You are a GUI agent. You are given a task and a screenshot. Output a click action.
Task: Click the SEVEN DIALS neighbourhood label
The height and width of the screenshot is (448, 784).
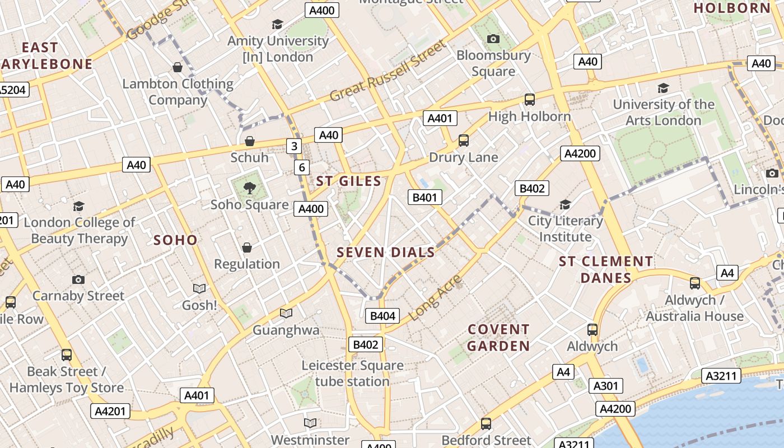pos(386,252)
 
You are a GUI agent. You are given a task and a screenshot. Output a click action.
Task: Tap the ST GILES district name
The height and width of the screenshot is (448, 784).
pos(348,181)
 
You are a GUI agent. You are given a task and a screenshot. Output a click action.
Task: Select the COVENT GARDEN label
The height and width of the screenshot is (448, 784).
pos(498,338)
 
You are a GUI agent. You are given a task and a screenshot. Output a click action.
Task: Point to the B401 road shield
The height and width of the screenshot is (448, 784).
pos(424,197)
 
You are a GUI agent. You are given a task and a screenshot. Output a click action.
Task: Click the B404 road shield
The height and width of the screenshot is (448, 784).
pos(383,316)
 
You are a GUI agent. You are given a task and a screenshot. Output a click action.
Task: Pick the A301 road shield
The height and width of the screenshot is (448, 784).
pos(605,386)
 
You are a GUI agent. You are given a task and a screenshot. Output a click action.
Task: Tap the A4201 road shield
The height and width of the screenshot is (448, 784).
pos(110,411)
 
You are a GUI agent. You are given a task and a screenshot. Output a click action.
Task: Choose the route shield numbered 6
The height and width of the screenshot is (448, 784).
pos(302,167)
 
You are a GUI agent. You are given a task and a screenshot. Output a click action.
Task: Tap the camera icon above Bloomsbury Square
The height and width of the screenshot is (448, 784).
pos(493,39)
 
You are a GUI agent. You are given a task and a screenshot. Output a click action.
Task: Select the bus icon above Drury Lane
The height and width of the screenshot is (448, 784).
pos(464,141)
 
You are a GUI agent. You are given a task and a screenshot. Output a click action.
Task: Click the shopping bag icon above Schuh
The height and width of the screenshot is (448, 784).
pos(250,141)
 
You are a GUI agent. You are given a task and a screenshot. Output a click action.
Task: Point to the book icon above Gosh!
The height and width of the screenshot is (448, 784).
pos(199,288)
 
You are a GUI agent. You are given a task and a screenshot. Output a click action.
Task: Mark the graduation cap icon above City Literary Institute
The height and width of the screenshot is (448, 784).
pos(566,204)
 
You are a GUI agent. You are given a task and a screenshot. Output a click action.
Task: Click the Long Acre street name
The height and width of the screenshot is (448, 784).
pos(436,297)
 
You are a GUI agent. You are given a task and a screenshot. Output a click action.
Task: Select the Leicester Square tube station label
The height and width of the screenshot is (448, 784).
pos(352,374)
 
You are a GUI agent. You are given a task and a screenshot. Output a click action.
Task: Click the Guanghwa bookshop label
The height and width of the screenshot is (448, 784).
pos(286,330)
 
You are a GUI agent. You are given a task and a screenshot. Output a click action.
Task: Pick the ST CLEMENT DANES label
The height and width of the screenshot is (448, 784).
pos(606,269)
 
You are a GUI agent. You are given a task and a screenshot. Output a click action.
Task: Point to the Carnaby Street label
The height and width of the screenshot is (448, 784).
pos(78,296)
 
